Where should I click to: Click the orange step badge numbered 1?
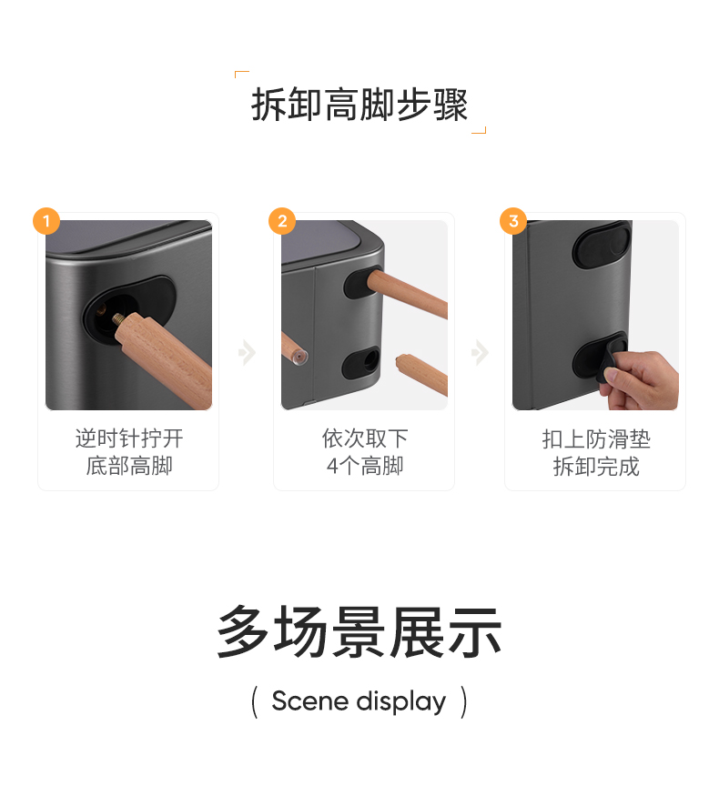(46, 221)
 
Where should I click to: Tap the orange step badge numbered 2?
(282, 221)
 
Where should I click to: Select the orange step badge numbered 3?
(513, 221)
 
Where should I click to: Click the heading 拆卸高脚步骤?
(359, 105)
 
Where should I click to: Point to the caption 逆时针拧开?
(129, 438)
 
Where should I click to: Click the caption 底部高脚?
(129, 466)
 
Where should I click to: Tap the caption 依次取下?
(365, 438)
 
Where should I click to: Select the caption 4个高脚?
(365, 466)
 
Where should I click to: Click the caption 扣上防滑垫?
(596, 439)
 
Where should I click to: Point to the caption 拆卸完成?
(596, 467)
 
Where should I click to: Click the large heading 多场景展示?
(359, 631)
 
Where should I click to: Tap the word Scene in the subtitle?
(310, 700)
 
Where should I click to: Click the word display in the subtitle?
(401, 702)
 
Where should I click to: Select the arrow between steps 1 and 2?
(248, 353)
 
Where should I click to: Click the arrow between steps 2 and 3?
(481, 353)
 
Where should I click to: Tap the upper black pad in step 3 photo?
(602, 247)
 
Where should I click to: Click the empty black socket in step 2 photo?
(361, 363)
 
